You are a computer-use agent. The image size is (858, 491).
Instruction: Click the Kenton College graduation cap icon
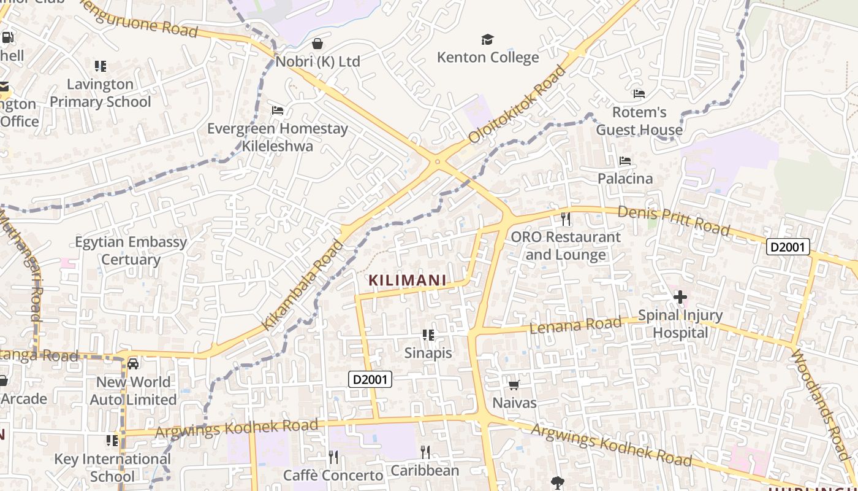(x=487, y=40)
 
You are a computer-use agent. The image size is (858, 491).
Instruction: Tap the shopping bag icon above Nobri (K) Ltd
(x=317, y=44)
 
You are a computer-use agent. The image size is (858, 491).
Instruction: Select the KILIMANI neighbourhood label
(x=407, y=280)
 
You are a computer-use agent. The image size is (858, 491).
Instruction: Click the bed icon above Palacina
(x=625, y=161)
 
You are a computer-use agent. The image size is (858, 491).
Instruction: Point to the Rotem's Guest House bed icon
(x=639, y=94)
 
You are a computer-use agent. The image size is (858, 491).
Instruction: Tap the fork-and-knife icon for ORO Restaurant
(x=566, y=218)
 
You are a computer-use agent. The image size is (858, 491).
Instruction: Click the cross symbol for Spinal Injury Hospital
(x=680, y=298)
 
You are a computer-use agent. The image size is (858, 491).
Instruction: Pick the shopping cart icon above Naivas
(x=514, y=385)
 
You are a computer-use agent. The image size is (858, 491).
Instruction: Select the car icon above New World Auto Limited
(x=133, y=364)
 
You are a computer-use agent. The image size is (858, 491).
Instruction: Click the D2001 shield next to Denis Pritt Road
(x=788, y=247)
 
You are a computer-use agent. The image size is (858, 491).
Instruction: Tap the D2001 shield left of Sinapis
(x=370, y=379)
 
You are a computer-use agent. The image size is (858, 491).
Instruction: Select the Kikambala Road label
(x=302, y=286)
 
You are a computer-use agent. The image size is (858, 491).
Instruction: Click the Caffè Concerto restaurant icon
(x=333, y=457)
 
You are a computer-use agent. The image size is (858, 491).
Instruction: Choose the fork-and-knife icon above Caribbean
(x=425, y=453)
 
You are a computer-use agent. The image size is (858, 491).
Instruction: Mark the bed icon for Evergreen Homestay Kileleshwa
(x=278, y=110)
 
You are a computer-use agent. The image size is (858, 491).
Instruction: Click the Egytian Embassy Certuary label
(x=131, y=250)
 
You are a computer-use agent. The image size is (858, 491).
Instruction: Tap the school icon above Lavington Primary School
(x=101, y=66)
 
